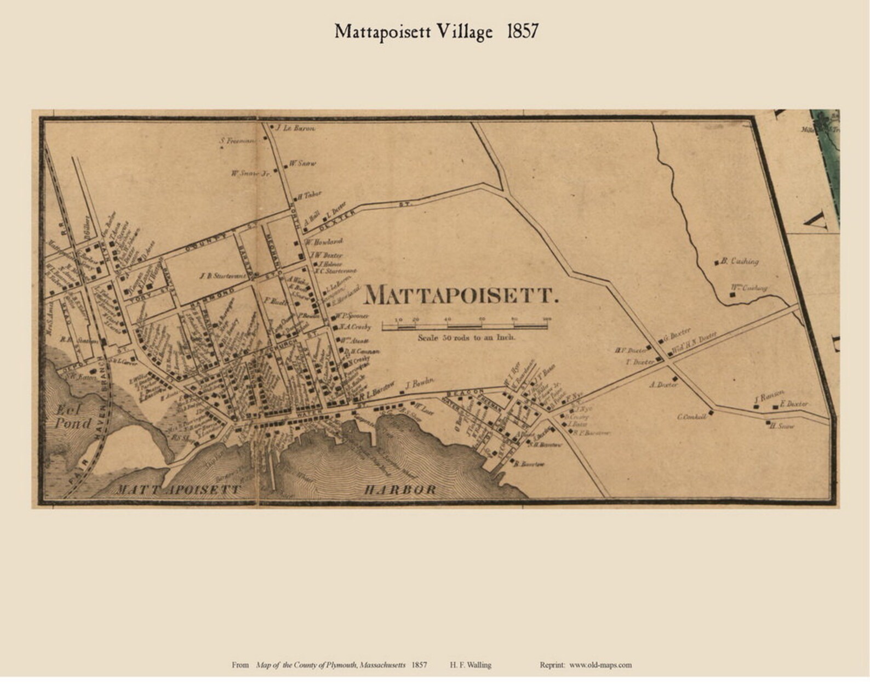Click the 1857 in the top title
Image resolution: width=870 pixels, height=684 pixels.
[522, 31]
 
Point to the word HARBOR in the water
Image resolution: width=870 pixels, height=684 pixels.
[400, 489]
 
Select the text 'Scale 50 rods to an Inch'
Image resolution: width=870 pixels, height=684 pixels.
[466, 338]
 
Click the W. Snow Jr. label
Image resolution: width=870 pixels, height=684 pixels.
[251, 173]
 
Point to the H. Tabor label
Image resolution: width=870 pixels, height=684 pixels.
[311, 194]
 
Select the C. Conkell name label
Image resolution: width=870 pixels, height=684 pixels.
[691, 417]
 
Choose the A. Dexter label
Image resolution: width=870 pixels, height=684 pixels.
[663, 385]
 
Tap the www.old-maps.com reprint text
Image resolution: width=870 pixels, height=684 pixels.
[600, 665]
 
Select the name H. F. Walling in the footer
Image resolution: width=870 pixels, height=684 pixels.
[470, 665]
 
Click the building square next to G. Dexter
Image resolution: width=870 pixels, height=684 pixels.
[660, 340]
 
